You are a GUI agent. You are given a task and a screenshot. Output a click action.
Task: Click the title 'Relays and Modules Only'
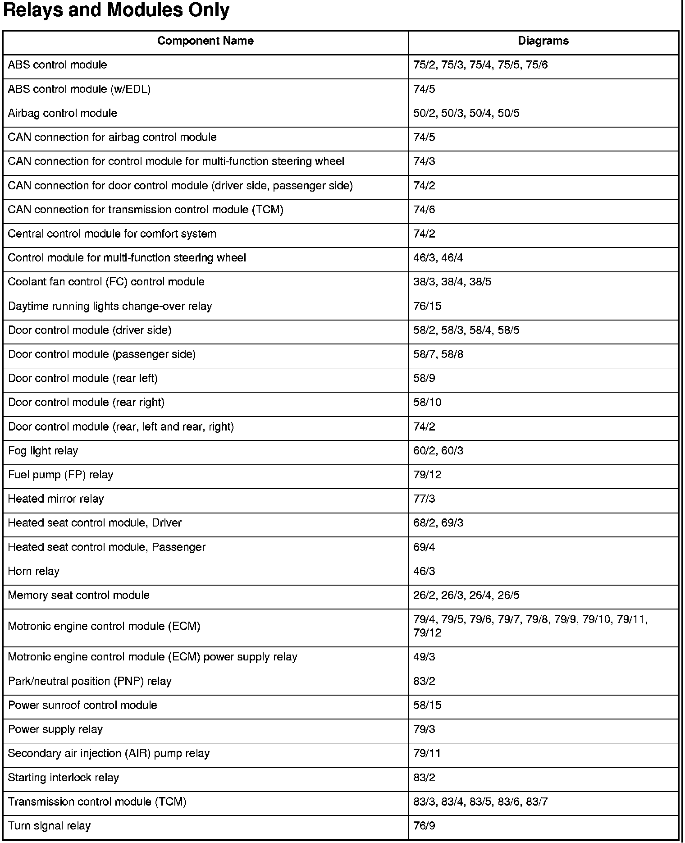(116, 10)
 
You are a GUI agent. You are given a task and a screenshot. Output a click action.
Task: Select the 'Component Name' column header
(205, 41)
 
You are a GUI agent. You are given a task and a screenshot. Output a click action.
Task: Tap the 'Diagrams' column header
(543, 41)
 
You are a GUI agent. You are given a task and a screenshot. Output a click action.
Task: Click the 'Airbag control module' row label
(63, 113)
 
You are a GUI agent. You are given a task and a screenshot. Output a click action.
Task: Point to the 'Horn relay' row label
(34, 571)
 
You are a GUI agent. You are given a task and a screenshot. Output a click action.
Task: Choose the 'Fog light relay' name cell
(43, 451)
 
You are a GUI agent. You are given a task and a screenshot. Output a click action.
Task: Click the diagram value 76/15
(427, 307)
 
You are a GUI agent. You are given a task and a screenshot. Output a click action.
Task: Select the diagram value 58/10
(427, 403)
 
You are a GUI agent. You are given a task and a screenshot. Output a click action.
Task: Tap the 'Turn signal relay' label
(50, 826)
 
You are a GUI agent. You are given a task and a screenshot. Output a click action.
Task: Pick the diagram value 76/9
(424, 826)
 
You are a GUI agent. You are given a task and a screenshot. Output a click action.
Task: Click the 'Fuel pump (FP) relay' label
(61, 475)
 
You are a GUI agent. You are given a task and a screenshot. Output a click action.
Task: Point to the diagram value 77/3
(424, 499)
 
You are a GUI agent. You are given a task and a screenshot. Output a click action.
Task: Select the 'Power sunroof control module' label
(83, 705)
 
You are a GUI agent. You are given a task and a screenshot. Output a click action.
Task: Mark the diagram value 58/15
(427, 705)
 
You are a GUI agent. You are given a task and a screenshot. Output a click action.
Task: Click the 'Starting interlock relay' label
(64, 778)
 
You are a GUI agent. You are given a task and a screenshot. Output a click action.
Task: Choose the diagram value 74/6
(424, 210)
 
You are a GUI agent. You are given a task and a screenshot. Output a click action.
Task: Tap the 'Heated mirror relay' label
(56, 499)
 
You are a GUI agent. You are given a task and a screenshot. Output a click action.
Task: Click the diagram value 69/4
(424, 547)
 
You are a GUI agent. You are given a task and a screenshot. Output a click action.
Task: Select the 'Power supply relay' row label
(55, 729)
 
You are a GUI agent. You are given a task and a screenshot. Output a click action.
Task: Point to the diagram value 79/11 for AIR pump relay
(427, 753)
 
